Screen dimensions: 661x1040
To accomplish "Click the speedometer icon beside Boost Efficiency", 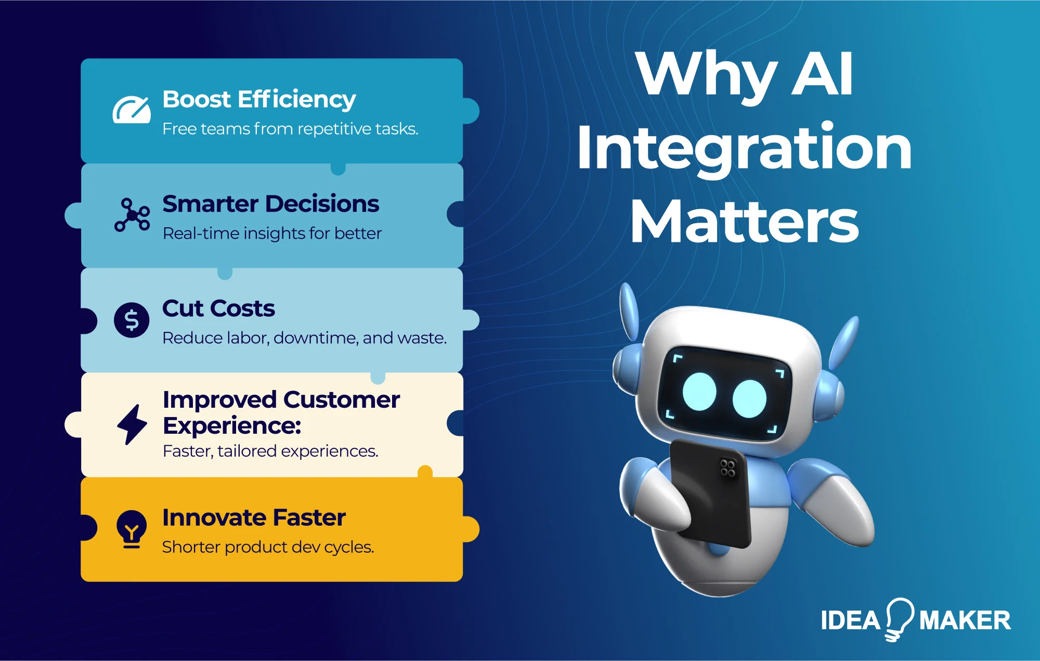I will pos(132,110).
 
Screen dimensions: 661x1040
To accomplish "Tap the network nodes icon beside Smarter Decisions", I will pos(132,214).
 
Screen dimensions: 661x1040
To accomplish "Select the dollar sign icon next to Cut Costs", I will pos(132,320).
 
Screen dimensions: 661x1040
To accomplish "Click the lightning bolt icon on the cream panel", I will pos(132,424).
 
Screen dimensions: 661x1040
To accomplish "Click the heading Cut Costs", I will pos(218,308).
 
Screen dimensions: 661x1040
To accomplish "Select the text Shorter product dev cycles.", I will pos(268,547).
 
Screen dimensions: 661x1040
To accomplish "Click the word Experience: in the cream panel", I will pos(232,426).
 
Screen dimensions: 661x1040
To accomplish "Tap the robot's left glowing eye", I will pos(699,392).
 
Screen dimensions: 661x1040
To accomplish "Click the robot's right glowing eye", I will pos(749,399).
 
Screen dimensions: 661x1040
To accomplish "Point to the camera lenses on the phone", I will pos(727,468).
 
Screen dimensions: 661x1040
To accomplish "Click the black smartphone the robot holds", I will pos(710,499).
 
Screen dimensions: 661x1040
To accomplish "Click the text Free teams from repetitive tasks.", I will pos(290,129).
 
